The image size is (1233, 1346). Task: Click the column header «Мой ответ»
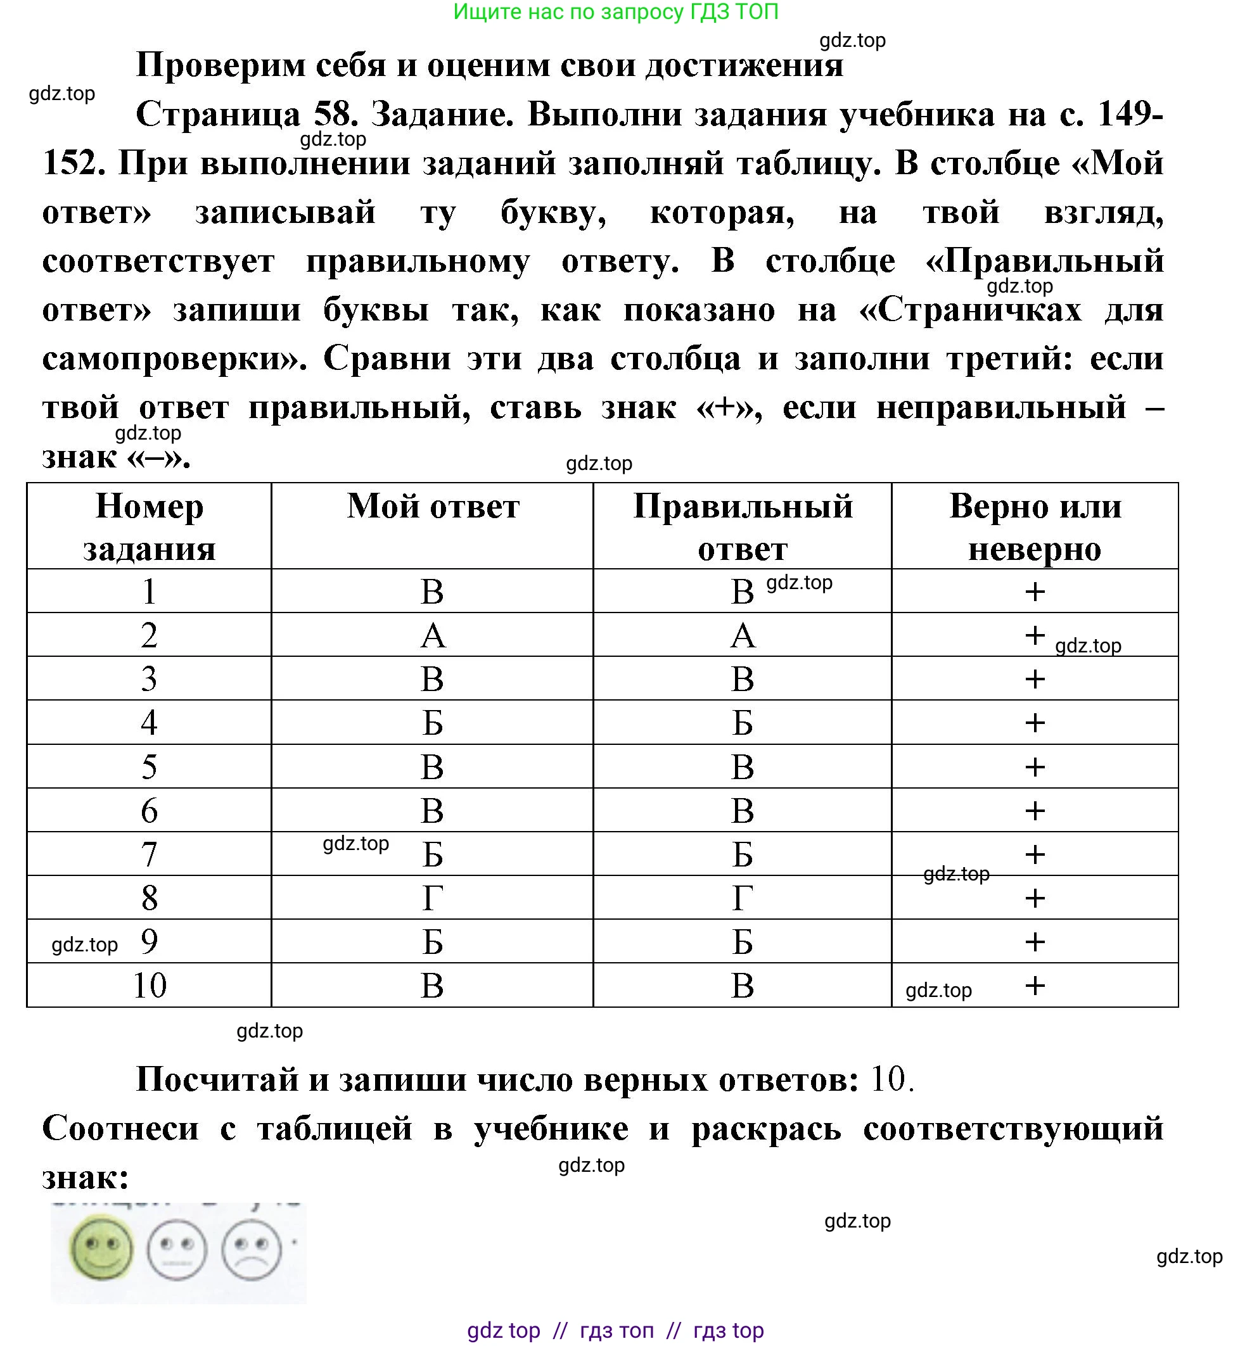433,507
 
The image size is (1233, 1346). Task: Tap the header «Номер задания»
149,528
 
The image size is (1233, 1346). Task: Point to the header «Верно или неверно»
1035,528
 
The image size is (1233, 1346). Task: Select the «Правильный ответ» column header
743,528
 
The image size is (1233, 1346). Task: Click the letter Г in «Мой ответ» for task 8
433,899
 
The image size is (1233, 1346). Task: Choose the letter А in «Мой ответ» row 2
433,635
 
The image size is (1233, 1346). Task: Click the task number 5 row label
149,767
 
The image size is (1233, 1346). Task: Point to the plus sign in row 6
1035,811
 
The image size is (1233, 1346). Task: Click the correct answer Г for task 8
743,899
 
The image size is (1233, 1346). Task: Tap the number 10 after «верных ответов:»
889,1079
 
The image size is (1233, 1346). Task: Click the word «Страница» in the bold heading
219,115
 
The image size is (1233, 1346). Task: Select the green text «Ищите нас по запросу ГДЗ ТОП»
616,12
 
